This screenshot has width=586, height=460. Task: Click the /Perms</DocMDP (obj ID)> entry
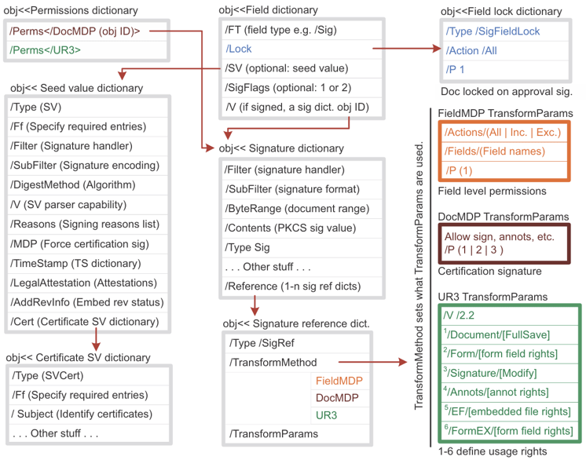click(x=75, y=31)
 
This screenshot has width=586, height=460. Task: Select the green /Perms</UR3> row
click(x=45, y=49)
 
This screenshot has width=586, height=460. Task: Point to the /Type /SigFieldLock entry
click(x=493, y=31)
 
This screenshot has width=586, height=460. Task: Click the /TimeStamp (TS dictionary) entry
click(x=75, y=264)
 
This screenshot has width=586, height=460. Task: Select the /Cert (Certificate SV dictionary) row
click(x=84, y=323)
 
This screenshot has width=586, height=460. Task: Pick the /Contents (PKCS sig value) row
click(x=289, y=228)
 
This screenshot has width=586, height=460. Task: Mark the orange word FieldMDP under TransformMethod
click(x=338, y=380)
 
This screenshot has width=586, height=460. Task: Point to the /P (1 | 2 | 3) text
click(x=474, y=250)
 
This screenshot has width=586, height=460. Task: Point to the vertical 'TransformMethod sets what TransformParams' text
click(x=420, y=275)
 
